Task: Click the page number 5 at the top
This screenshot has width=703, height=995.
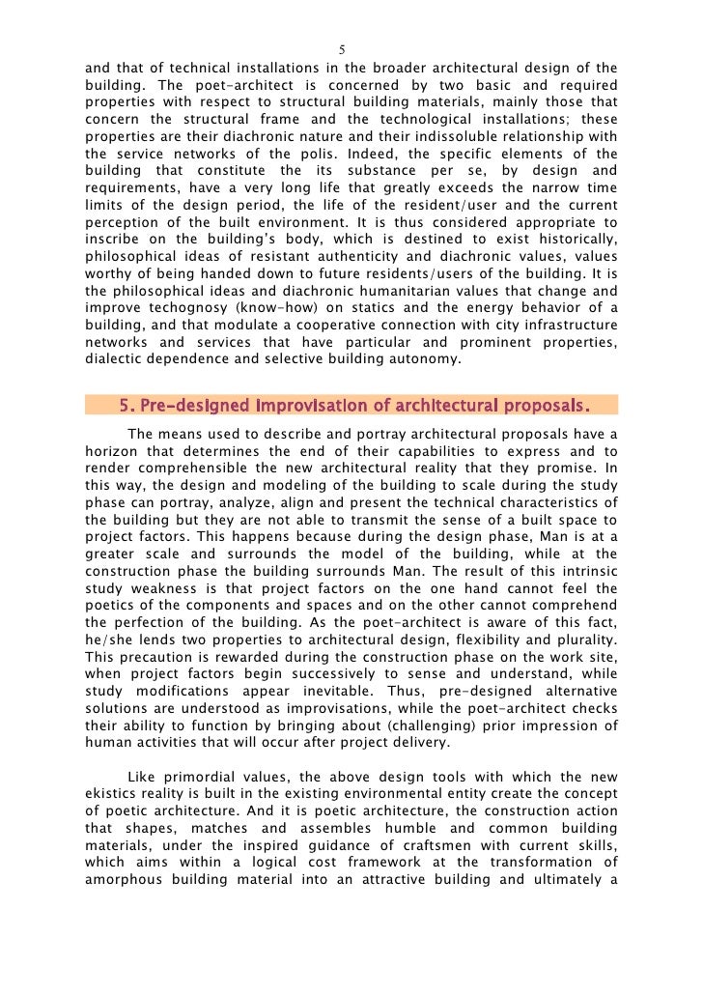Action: [x=343, y=50]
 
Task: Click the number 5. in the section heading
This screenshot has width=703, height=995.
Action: [x=127, y=403]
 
